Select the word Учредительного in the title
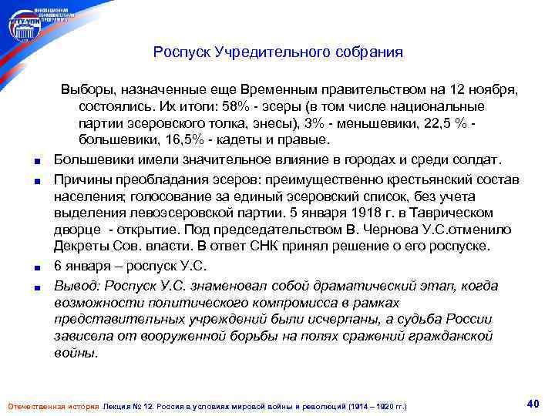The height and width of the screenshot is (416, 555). pyautogui.click(x=272, y=53)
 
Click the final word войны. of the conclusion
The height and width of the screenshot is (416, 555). pyautogui.click(x=76, y=354)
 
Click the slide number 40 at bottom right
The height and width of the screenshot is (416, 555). pyautogui.click(x=532, y=403)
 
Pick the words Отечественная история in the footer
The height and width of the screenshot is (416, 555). pyautogui.click(x=52, y=405)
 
